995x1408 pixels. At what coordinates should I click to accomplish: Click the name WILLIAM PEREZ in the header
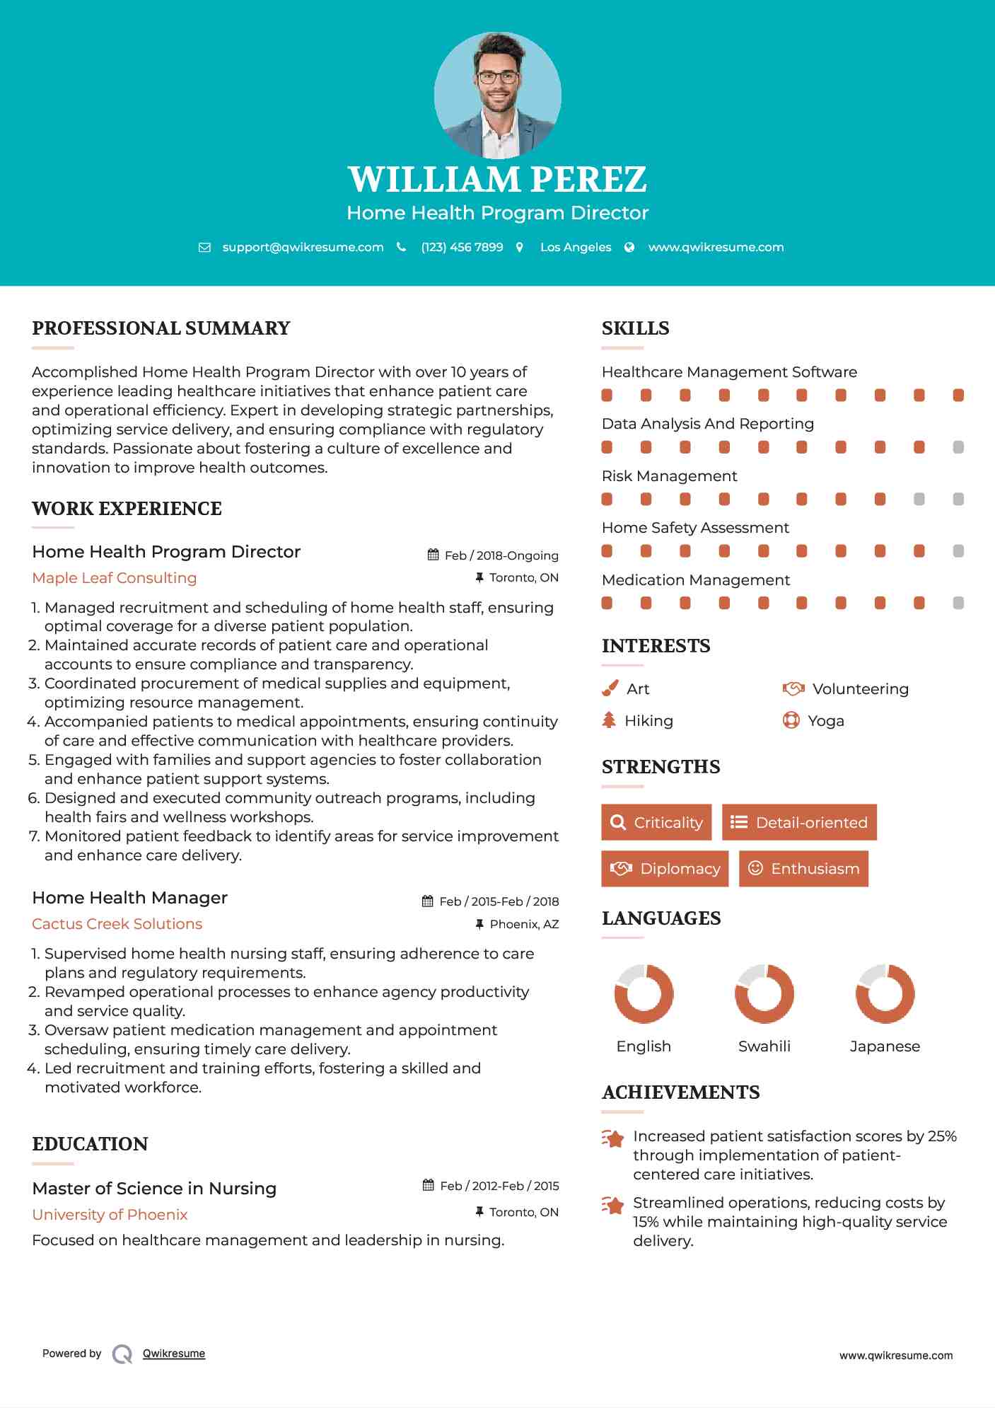pyautogui.click(x=497, y=180)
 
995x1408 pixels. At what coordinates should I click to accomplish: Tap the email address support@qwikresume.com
pyautogui.click(x=303, y=247)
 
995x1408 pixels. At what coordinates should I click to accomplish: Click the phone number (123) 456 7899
pyautogui.click(x=462, y=247)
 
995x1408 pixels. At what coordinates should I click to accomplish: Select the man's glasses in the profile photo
pyautogui.click(x=498, y=77)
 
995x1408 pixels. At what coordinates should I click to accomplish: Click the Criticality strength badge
pyautogui.click(x=656, y=822)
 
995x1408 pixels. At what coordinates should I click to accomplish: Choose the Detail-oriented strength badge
pyautogui.click(x=799, y=822)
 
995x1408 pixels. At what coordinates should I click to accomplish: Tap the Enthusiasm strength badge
pyautogui.click(x=803, y=868)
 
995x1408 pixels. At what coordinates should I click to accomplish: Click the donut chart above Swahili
pyautogui.click(x=764, y=993)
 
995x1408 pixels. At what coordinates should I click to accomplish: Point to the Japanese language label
pyautogui.click(x=885, y=1046)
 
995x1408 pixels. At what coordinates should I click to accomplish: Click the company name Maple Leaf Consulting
pyautogui.click(x=115, y=577)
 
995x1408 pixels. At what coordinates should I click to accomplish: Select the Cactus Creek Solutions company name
pyautogui.click(x=117, y=923)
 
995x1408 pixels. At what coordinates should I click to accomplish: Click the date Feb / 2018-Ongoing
pyautogui.click(x=501, y=555)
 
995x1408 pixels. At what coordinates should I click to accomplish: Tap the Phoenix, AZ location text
pyautogui.click(x=524, y=924)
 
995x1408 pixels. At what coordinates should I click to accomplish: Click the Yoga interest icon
pyautogui.click(x=791, y=720)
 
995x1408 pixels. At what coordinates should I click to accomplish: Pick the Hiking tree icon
pyautogui.click(x=609, y=720)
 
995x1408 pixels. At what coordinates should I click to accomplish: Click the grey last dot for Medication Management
pyautogui.click(x=958, y=603)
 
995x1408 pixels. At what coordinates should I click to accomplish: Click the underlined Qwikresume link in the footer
pyautogui.click(x=174, y=1353)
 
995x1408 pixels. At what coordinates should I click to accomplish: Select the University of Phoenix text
pyautogui.click(x=110, y=1214)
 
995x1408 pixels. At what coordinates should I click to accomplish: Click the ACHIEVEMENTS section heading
pyautogui.click(x=680, y=1092)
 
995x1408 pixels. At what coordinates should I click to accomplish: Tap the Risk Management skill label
pyautogui.click(x=669, y=475)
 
